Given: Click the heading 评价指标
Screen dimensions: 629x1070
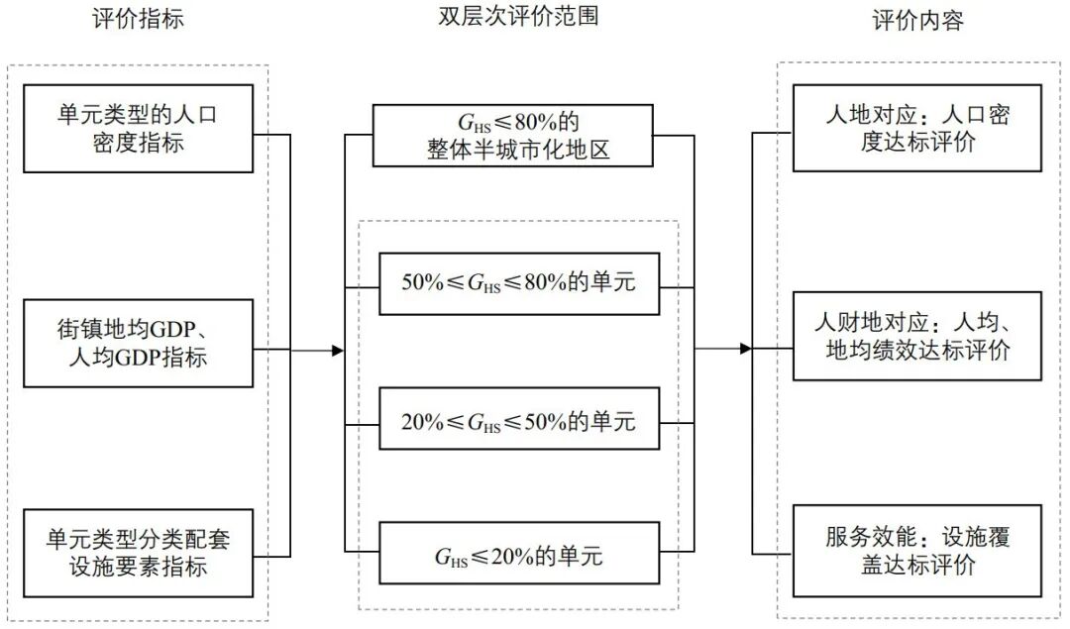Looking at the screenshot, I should tap(138, 20).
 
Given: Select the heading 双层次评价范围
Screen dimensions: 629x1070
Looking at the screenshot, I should tap(519, 17).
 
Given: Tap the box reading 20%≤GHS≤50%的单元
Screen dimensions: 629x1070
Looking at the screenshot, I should tap(517, 421).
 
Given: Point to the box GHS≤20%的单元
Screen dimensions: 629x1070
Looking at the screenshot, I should tap(517, 557).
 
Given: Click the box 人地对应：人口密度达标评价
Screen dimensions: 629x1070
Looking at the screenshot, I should tap(917, 130).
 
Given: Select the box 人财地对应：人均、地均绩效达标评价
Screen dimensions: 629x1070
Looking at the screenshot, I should tap(917, 337).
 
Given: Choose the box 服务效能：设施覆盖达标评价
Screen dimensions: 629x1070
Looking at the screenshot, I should tap(917, 551).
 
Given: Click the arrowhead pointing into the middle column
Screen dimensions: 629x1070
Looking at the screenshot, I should tap(337, 351).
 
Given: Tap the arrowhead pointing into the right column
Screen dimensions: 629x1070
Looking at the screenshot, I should tap(746, 349).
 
